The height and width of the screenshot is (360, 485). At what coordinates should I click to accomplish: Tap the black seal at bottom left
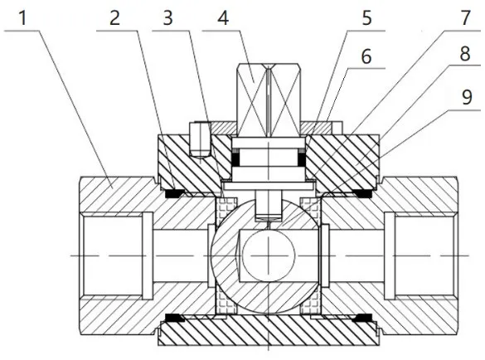(x=174, y=319)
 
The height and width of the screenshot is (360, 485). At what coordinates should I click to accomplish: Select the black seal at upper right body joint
(x=362, y=193)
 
